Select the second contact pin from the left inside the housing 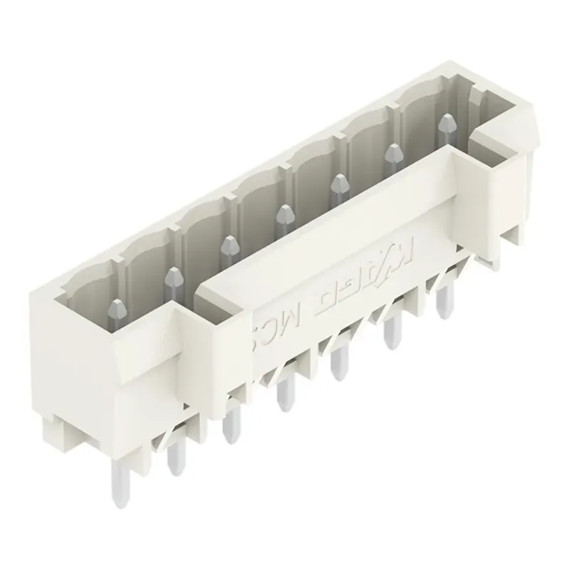[x=173, y=278]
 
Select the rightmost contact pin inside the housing [x=446, y=128]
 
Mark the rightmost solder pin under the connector [x=444, y=299]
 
